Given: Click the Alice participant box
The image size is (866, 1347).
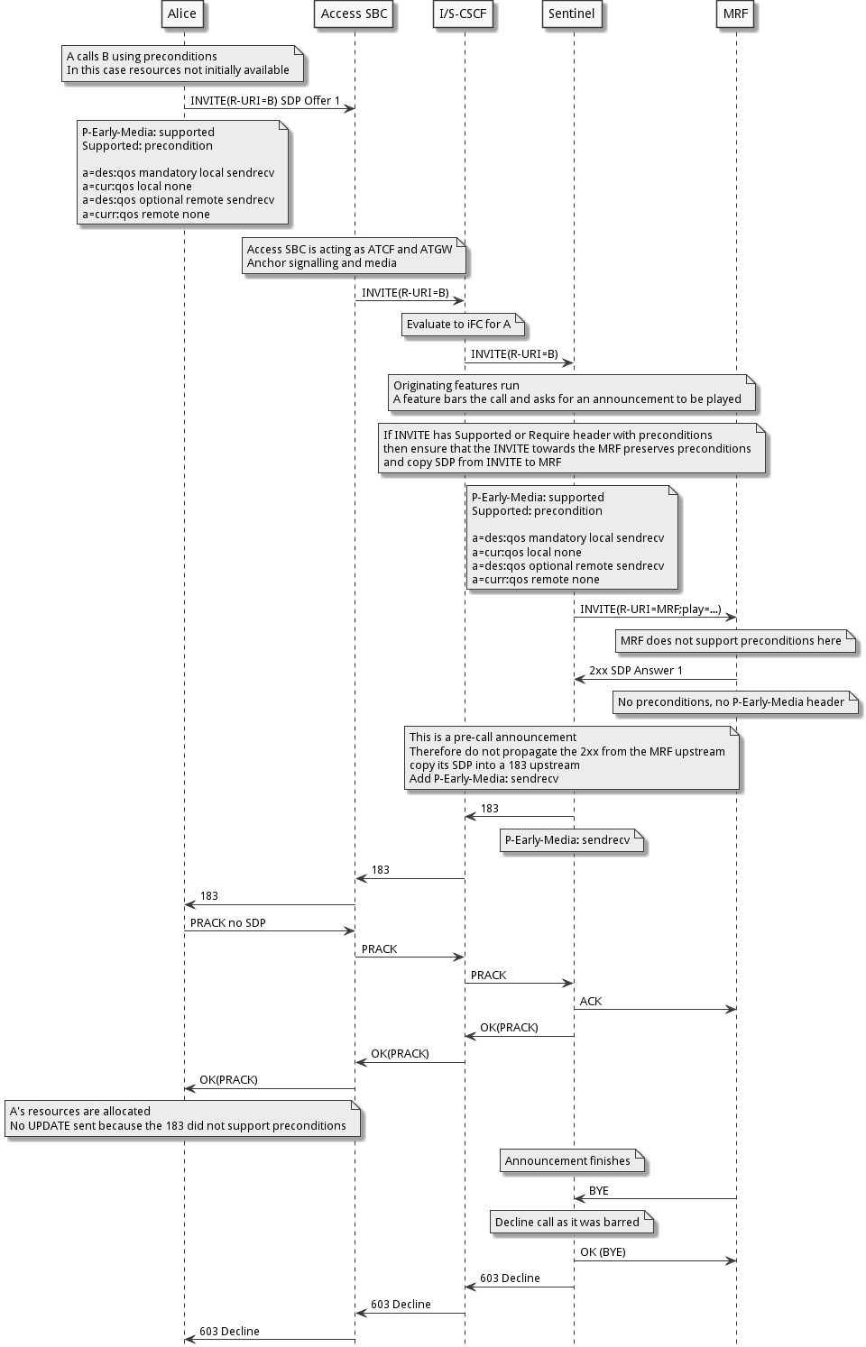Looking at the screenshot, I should [182, 14].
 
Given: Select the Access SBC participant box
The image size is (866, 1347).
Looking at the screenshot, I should [354, 14].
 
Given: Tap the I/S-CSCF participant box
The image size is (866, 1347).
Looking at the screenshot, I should [463, 14].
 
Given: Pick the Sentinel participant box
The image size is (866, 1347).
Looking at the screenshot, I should [572, 14].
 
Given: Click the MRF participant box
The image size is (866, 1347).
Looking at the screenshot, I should [735, 14].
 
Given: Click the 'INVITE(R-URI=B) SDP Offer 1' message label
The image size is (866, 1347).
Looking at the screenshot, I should [265, 101].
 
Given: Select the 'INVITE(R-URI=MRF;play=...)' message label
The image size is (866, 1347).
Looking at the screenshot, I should [650, 609].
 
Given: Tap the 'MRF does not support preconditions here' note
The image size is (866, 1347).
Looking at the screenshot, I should [732, 641].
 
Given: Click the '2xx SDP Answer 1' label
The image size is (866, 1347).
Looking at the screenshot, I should [636, 671].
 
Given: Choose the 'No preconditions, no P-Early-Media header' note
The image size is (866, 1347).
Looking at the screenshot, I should [732, 702].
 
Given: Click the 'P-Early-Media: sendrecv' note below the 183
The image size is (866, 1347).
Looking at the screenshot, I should [568, 840].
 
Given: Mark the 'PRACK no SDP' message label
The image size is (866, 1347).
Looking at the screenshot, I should [227, 923].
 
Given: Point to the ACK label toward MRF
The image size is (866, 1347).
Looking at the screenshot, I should [591, 1002].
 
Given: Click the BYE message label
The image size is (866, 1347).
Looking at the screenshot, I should [599, 1191].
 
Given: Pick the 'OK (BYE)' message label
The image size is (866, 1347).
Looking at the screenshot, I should [603, 1252].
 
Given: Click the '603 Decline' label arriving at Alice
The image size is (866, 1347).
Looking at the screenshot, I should [229, 1332].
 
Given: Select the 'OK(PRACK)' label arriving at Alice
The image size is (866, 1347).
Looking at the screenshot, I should [228, 1080].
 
